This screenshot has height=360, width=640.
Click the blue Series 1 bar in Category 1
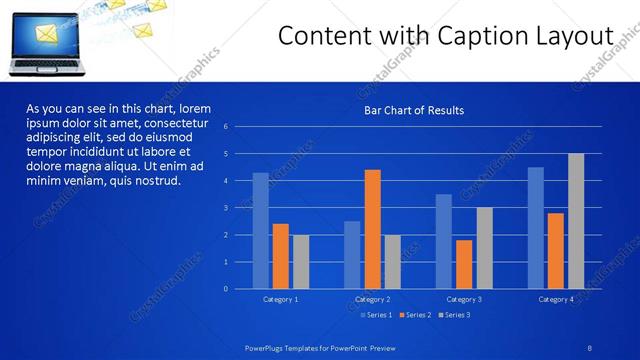[x=261, y=231]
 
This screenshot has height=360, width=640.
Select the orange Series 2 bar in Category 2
[x=372, y=229]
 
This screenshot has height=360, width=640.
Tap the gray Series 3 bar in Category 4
[x=576, y=221]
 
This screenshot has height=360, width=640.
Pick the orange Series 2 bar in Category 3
[x=464, y=264]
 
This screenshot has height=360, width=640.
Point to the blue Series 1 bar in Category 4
[x=536, y=228]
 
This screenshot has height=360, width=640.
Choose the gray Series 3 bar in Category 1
[x=301, y=262]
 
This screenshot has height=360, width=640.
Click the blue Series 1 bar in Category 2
[x=352, y=255]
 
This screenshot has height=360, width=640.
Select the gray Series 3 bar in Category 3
[x=484, y=248]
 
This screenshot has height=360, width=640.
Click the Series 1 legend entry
[x=375, y=315]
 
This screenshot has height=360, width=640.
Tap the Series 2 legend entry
[x=414, y=315]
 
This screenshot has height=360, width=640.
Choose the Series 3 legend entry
[x=453, y=315]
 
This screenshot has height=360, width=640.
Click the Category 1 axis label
[x=281, y=299]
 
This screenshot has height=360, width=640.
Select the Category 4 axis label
[x=556, y=299]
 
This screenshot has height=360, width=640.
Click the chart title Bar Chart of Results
[x=413, y=110]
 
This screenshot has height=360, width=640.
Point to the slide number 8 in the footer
[x=590, y=348]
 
